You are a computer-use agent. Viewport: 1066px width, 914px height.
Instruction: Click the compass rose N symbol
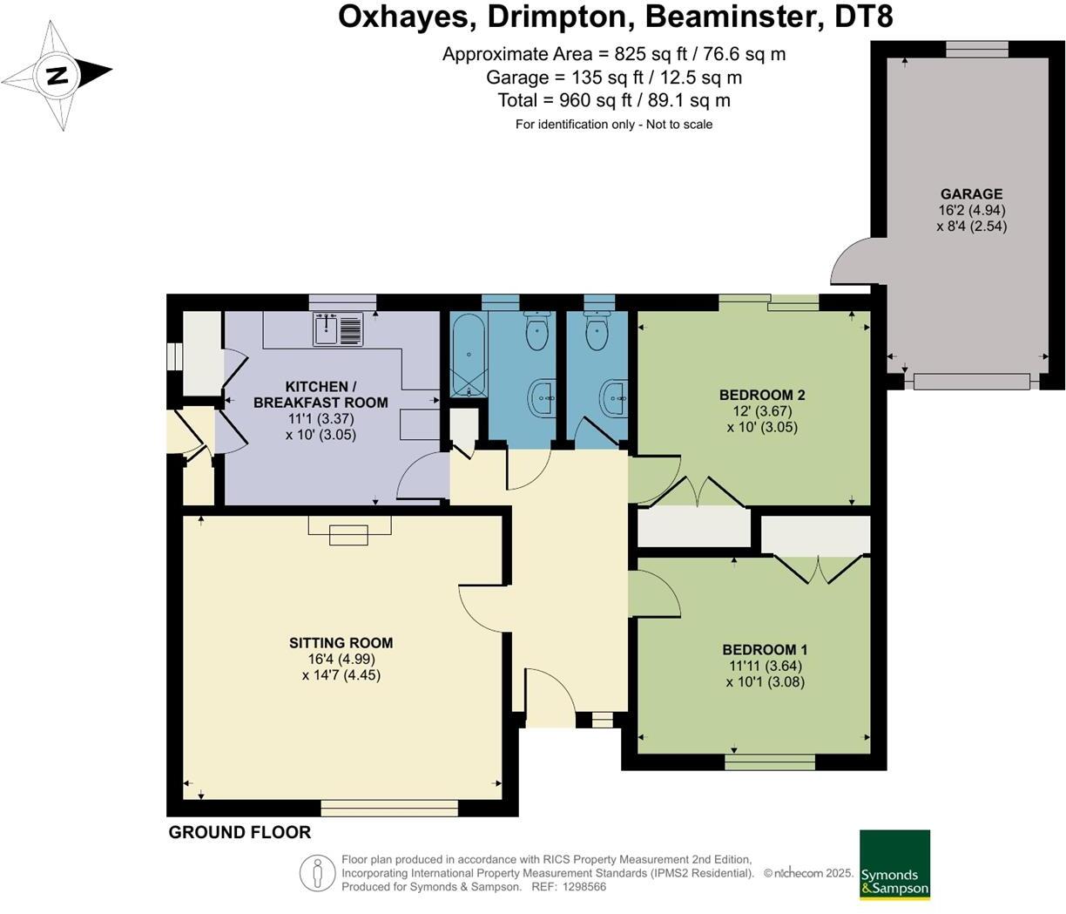point(57,76)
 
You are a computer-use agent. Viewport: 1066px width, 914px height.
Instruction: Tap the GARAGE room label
point(972,194)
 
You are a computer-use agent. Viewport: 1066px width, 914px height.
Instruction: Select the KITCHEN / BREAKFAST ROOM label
point(320,395)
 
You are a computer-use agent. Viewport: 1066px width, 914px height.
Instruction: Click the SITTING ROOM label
point(341,642)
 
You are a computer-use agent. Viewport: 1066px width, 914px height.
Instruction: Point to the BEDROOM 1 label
point(765,649)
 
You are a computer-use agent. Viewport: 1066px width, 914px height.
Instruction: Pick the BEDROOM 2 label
point(762,395)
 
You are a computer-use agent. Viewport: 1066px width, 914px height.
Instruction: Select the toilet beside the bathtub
point(536,329)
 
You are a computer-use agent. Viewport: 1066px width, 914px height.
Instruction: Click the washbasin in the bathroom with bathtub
point(543,398)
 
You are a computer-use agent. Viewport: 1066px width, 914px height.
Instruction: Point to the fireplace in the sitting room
point(349,530)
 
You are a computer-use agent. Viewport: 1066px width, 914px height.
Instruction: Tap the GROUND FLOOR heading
point(240,832)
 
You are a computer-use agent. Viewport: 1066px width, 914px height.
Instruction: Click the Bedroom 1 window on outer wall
point(770,762)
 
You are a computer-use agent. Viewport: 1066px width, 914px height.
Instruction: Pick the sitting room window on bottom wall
point(388,809)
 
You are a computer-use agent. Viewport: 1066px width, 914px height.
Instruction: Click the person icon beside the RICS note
point(318,873)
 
